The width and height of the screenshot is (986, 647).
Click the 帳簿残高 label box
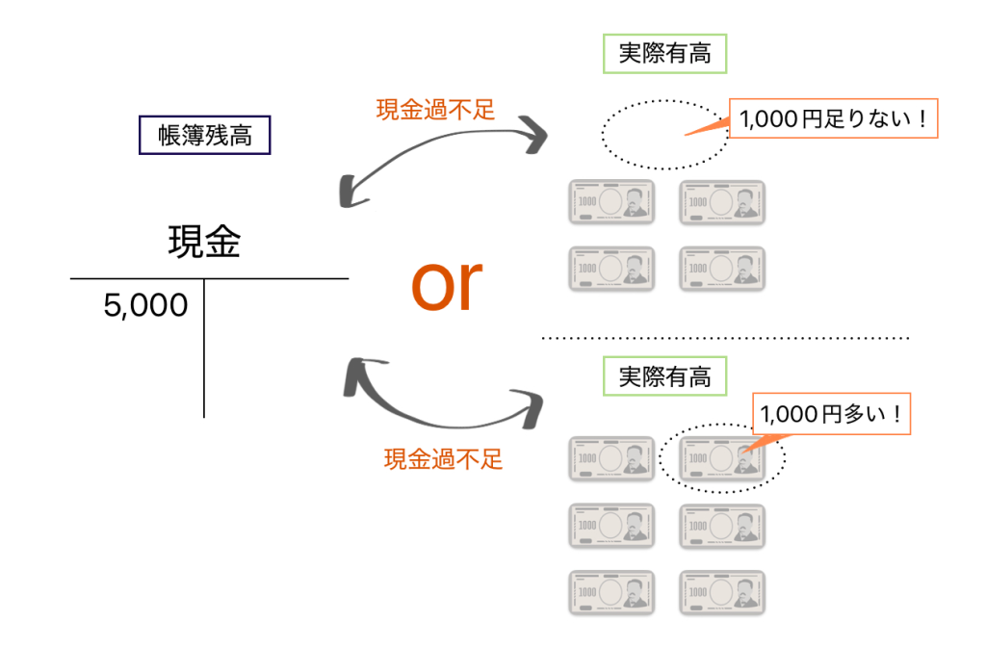click(x=205, y=136)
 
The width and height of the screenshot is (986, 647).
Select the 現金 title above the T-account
click(x=204, y=243)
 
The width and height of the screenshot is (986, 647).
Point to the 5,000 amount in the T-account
click(x=145, y=306)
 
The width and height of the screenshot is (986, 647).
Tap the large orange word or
click(x=446, y=286)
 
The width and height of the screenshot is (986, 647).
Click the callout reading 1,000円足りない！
click(x=833, y=120)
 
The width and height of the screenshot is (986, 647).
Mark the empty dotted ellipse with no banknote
click(x=665, y=134)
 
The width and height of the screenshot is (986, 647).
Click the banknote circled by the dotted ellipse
click(x=722, y=459)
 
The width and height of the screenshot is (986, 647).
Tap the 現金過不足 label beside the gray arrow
click(x=435, y=110)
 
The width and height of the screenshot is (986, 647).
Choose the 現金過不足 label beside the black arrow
click(x=443, y=458)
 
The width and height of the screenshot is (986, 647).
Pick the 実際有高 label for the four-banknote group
click(x=664, y=55)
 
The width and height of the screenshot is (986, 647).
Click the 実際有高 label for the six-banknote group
click(x=664, y=377)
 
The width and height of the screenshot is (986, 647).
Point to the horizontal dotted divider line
click(x=724, y=338)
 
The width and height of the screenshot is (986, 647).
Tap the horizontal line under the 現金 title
click(x=209, y=279)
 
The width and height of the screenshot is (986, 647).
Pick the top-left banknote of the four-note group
click(x=612, y=202)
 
